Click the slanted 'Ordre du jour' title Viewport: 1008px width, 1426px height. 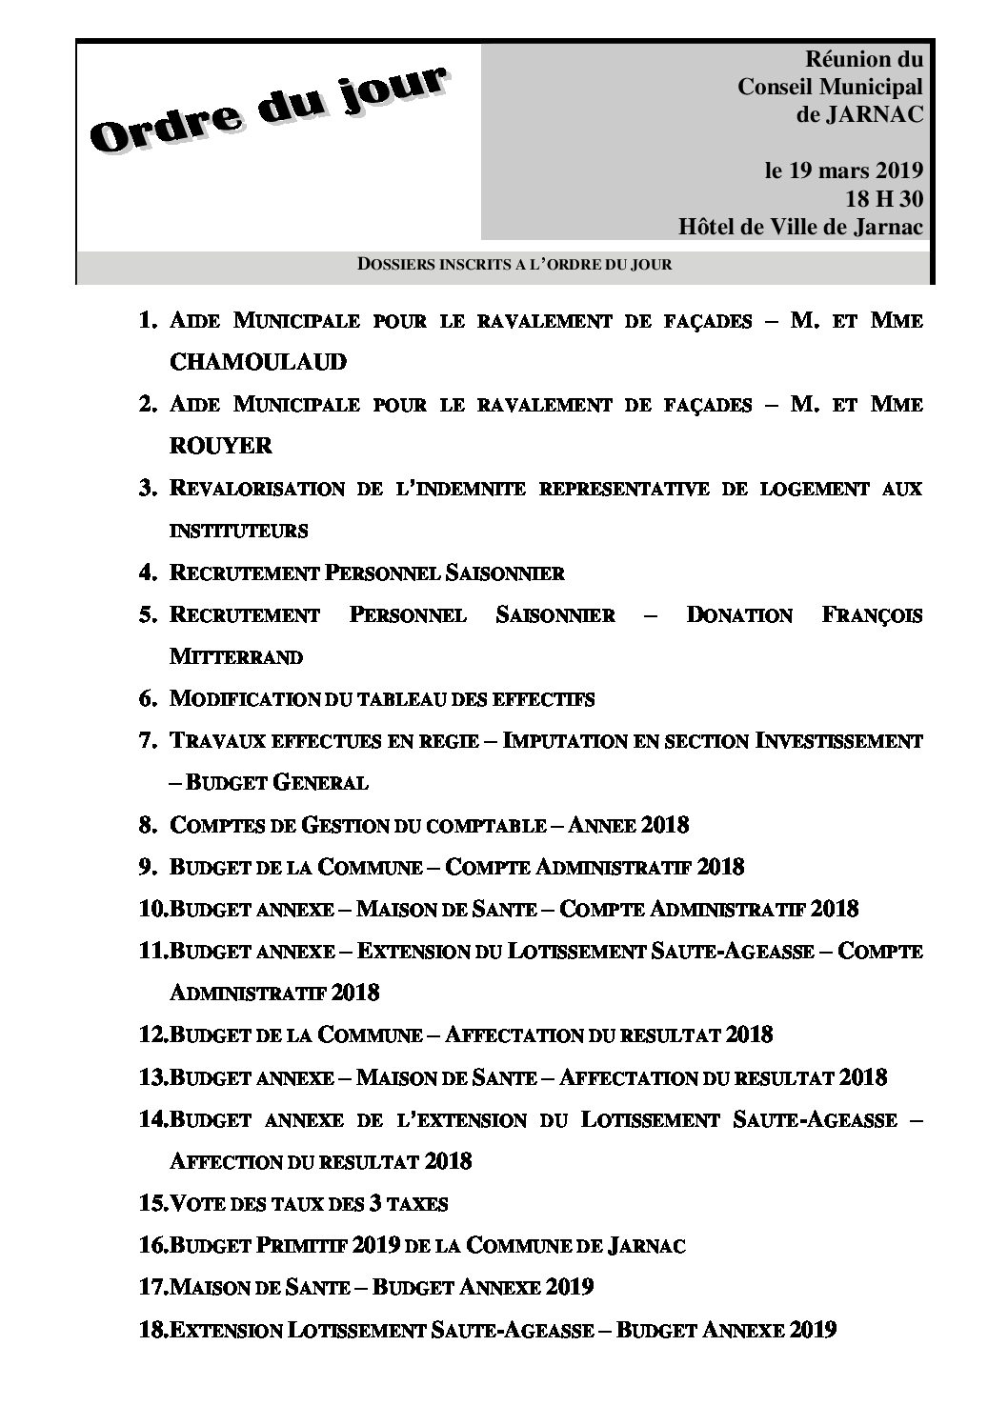pos(269,109)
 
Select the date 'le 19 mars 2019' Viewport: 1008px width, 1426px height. pos(844,171)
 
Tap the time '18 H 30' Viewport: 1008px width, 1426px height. pos(883,199)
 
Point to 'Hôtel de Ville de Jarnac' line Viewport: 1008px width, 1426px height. pos(801,227)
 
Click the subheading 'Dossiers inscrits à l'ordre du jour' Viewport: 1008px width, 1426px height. pos(514,264)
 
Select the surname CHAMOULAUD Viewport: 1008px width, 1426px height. pos(245,362)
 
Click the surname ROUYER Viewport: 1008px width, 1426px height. pos(220,446)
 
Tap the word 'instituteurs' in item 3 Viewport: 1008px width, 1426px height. pos(238,530)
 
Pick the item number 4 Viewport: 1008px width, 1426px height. pos(148,572)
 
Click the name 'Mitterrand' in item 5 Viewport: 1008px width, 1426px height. pos(236,656)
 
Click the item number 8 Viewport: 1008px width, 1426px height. pos(148,825)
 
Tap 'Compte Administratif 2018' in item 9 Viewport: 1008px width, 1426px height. pos(595,867)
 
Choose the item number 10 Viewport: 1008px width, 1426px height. pos(152,909)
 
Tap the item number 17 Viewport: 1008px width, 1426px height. pos(152,1287)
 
